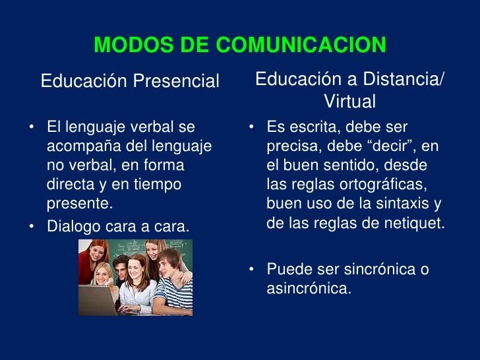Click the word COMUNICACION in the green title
(x=301, y=45)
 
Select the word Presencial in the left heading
(x=176, y=81)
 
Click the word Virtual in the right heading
(x=349, y=101)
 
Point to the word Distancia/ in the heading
(x=403, y=79)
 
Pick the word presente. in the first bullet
(x=80, y=204)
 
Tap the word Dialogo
(x=74, y=227)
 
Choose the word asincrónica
(x=309, y=288)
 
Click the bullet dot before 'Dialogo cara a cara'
(x=31, y=227)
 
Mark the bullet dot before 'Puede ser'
(x=251, y=269)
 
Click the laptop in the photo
(x=98, y=300)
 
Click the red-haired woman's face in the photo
(x=99, y=253)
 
